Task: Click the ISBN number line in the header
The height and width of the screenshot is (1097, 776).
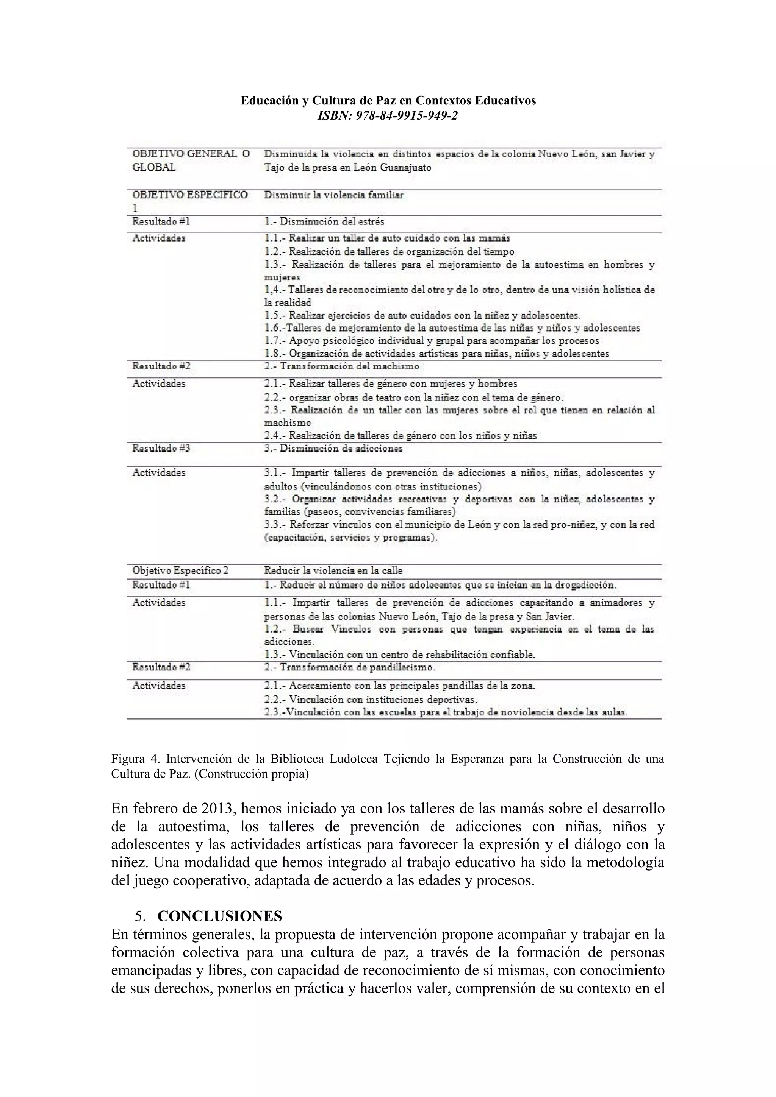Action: coord(388,115)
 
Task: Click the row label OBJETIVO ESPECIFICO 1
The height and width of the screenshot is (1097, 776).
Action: coord(190,195)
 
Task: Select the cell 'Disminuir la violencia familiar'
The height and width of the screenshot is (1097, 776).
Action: coord(333,195)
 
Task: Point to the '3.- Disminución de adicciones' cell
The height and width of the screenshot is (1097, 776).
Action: coord(333,449)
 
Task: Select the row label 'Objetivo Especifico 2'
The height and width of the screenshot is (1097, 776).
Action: coord(180,570)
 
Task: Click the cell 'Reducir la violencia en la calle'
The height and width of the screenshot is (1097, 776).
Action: coord(333,570)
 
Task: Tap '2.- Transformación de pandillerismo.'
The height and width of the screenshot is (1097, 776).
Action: coord(349,667)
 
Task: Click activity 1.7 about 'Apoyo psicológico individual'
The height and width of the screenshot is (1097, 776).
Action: coord(431,341)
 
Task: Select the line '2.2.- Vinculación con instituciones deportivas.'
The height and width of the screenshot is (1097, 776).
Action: coord(371,700)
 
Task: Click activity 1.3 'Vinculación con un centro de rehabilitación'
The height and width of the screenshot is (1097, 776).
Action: coord(399,654)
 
